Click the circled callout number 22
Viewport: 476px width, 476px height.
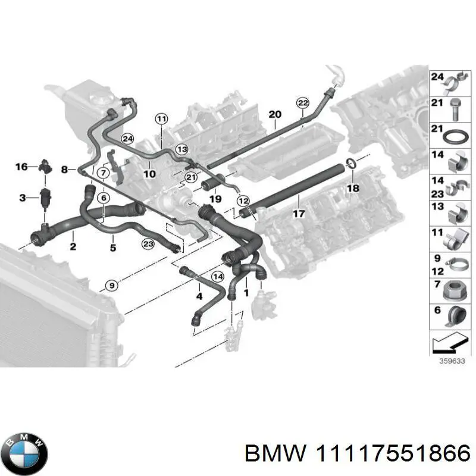[302, 103]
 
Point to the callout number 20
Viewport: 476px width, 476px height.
[274, 114]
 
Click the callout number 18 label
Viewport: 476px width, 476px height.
[353, 187]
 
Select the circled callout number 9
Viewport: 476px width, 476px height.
[110, 287]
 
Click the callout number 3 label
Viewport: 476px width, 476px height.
[21, 196]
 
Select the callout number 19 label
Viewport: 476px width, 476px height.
[215, 199]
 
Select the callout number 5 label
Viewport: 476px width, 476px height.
[113, 246]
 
